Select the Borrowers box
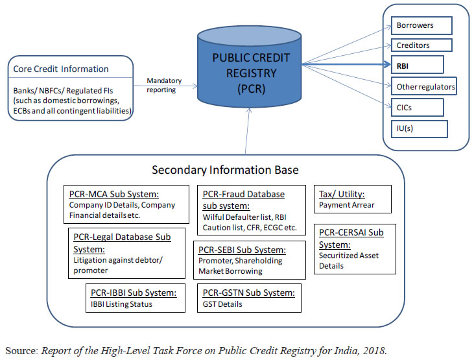pos(421,26)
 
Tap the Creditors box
pos(421,45)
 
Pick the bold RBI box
pos(417,66)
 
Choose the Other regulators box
pos(424,86)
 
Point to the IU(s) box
pos(419,128)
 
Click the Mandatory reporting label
pos(164,85)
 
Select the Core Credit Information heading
pos(60,69)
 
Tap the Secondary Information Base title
pos(225,171)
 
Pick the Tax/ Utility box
pos(353,200)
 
